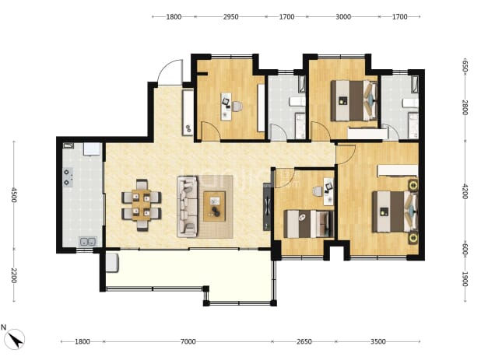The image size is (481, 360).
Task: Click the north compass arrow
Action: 15,338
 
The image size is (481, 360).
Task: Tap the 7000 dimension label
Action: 188,341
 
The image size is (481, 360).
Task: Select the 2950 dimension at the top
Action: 230,17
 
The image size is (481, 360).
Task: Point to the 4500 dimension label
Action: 13,195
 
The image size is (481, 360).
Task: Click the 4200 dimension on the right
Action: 465,191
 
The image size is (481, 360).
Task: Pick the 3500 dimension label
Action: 378,341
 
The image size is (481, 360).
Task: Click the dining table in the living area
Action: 142,204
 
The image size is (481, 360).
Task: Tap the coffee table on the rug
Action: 215,206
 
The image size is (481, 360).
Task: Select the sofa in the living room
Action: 187,207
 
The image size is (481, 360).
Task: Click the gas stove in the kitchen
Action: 68,177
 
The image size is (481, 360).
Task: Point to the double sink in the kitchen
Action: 88,242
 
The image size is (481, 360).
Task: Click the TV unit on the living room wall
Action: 268,207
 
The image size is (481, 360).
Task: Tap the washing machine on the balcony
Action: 112,263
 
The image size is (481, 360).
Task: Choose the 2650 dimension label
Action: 304,341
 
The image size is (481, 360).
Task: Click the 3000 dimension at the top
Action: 343,17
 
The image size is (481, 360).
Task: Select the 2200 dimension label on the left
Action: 13,276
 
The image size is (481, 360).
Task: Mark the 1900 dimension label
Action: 465,279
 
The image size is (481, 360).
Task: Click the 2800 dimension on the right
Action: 465,107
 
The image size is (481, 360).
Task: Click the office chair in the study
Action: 237,107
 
